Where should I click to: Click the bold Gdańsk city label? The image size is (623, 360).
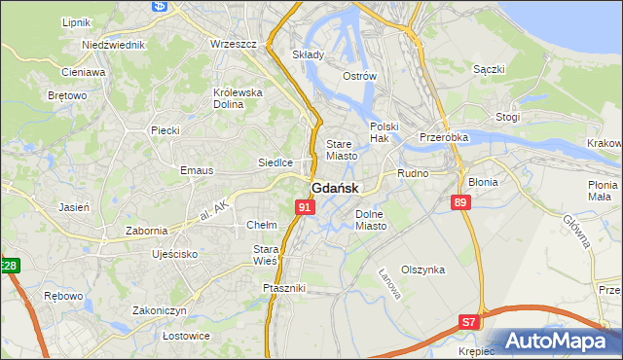click(335, 189)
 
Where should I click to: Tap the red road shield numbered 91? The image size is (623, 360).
click(306, 207)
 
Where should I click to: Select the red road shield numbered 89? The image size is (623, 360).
click(461, 202)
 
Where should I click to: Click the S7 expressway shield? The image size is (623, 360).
click(469, 321)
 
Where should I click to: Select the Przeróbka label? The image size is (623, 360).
click(444, 138)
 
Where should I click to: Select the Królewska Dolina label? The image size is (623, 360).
click(238, 98)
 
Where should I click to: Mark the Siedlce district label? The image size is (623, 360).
click(275, 162)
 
